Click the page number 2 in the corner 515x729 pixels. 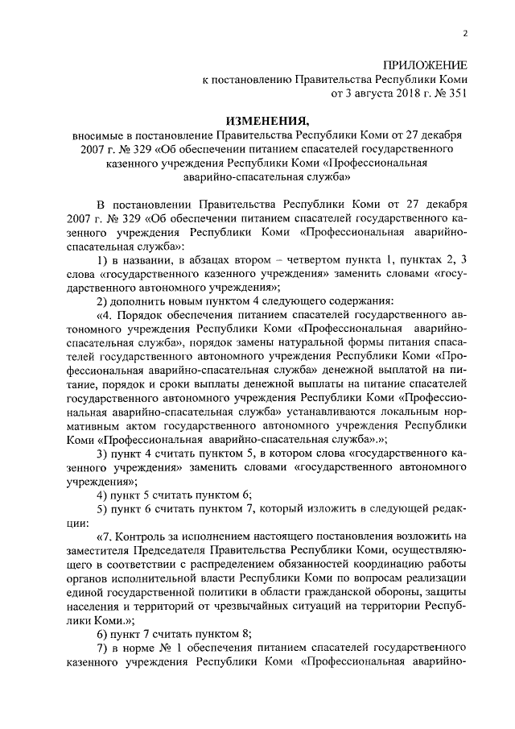coord(466,32)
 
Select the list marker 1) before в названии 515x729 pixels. coord(102,259)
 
